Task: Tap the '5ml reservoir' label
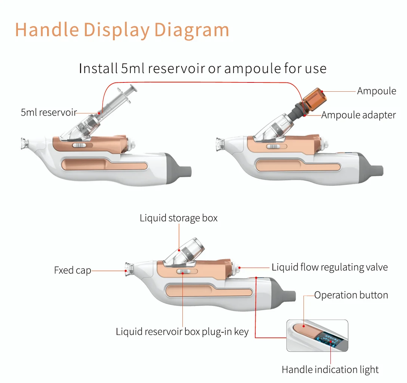coord(49,112)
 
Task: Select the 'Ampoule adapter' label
coord(358,115)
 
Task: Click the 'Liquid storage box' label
coord(178,218)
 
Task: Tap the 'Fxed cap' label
coord(73,270)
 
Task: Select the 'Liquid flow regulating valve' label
coord(329,267)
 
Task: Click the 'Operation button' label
coord(351,295)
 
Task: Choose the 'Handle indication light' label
coord(330,370)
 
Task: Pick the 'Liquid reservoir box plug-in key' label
coord(182,332)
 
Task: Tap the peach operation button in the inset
coord(305,329)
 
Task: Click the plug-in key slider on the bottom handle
coord(183,272)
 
